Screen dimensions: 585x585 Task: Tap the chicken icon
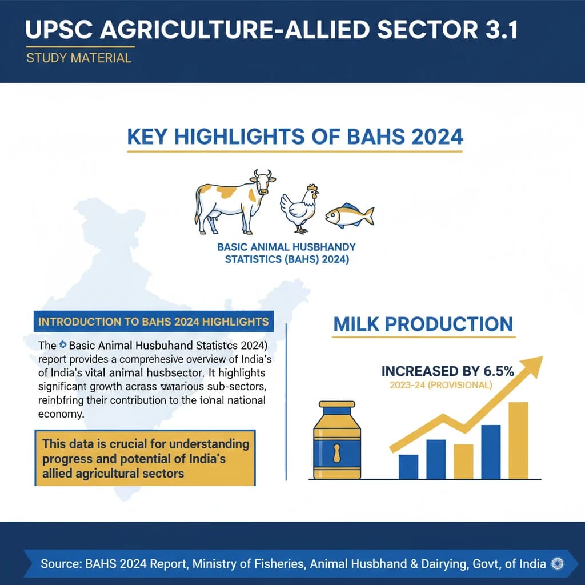pyautogui.click(x=299, y=209)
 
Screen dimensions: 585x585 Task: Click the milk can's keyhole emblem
pyautogui.click(x=337, y=454)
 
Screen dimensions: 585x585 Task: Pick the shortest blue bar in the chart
pyautogui.click(x=408, y=466)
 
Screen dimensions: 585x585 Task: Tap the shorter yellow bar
pyautogui.click(x=463, y=461)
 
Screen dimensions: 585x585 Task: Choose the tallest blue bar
pyautogui.click(x=491, y=451)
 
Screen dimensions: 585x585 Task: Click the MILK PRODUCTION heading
pyautogui.click(x=423, y=324)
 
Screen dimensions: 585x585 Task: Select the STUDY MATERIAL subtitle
pyautogui.click(x=79, y=58)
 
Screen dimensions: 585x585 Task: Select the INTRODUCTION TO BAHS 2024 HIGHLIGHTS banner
pyautogui.click(x=153, y=322)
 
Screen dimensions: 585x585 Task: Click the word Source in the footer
pyautogui.click(x=59, y=563)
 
